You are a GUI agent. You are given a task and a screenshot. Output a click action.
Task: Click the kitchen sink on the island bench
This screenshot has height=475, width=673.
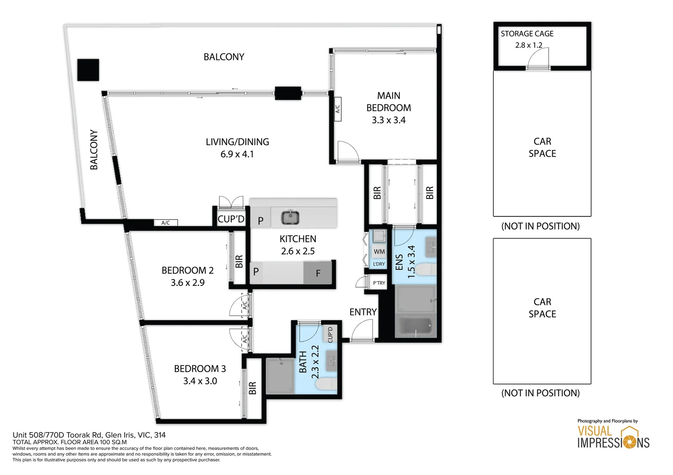(x=290, y=217)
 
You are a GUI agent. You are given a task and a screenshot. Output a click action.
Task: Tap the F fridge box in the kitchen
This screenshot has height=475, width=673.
(x=318, y=273)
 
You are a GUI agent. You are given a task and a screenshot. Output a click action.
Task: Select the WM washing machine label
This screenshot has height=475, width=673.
(x=379, y=252)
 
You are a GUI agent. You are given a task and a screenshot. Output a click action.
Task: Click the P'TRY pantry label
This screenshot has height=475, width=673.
(x=379, y=283)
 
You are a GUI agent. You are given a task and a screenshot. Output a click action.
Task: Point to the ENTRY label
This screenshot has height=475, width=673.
(x=363, y=312)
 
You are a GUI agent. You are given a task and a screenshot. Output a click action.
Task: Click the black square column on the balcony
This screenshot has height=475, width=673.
(x=88, y=70)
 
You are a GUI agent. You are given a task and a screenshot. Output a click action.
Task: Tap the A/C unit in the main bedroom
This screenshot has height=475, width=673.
(x=338, y=109)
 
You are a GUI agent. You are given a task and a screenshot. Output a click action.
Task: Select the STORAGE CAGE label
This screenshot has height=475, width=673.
(x=527, y=33)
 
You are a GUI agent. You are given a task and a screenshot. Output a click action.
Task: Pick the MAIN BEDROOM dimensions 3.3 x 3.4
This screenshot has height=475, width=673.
(x=388, y=120)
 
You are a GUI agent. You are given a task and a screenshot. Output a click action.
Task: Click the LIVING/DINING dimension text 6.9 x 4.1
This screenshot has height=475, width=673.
(x=237, y=154)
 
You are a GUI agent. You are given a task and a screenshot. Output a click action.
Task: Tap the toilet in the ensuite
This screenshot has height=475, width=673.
(x=426, y=269)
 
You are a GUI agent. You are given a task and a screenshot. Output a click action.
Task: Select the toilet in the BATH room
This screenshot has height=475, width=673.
(x=326, y=384)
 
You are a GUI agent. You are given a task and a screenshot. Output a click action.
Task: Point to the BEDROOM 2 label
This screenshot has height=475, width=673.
(x=188, y=270)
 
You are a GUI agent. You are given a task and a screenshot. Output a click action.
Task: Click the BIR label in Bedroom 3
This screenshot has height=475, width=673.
(x=252, y=388)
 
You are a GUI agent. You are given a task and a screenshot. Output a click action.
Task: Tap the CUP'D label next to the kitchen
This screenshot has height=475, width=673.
(x=231, y=219)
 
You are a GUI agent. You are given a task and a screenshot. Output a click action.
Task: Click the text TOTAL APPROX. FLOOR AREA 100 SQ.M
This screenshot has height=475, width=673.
(x=70, y=442)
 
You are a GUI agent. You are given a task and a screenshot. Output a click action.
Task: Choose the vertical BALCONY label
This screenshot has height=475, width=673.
(x=94, y=150)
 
